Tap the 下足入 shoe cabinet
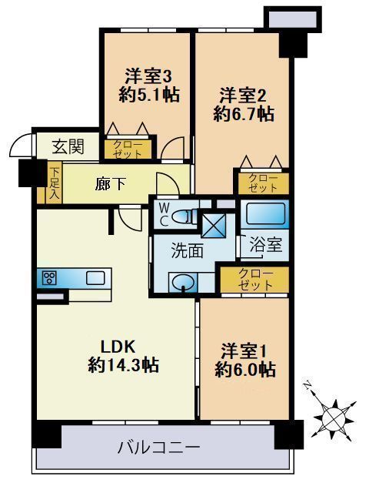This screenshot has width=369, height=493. click(x=54, y=183)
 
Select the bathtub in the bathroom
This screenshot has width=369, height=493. click(x=264, y=212)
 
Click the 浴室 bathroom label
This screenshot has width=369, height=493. click(x=264, y=246)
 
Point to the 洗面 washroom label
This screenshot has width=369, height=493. click(x=186, y=251)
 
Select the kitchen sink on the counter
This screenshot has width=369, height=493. click(x=96, y=277)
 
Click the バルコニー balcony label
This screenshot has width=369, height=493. click(x=160, y=447)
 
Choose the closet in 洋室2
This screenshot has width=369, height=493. click(x=263, y=183)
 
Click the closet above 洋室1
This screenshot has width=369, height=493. click(x=254, y=279)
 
